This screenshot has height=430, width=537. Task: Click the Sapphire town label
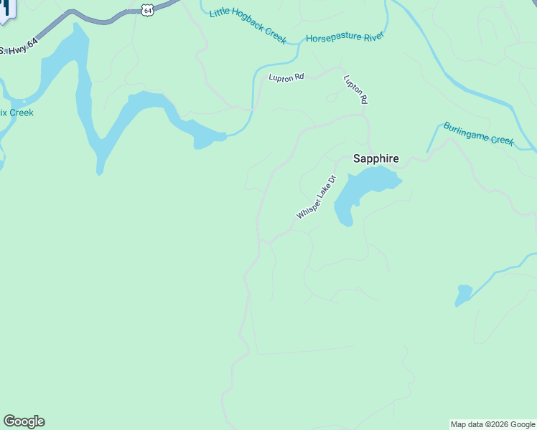[x=375, y=159]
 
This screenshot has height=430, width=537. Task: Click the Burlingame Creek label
[x=478, y=133]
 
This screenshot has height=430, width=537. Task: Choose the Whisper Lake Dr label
[x=316, y=197]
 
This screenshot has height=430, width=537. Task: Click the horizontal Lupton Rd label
[x=286, y=77]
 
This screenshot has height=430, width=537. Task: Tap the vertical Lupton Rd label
[x=355, y=90]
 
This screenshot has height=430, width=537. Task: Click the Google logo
[x=24, y=421]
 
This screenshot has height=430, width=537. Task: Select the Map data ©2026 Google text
[x=492, y=424]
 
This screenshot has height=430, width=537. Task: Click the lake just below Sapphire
[x=363, y=188]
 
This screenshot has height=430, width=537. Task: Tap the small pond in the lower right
[x=464, y=295]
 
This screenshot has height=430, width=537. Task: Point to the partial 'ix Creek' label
[x=17, y=113]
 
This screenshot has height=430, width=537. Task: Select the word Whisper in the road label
[x=307, y=209]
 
